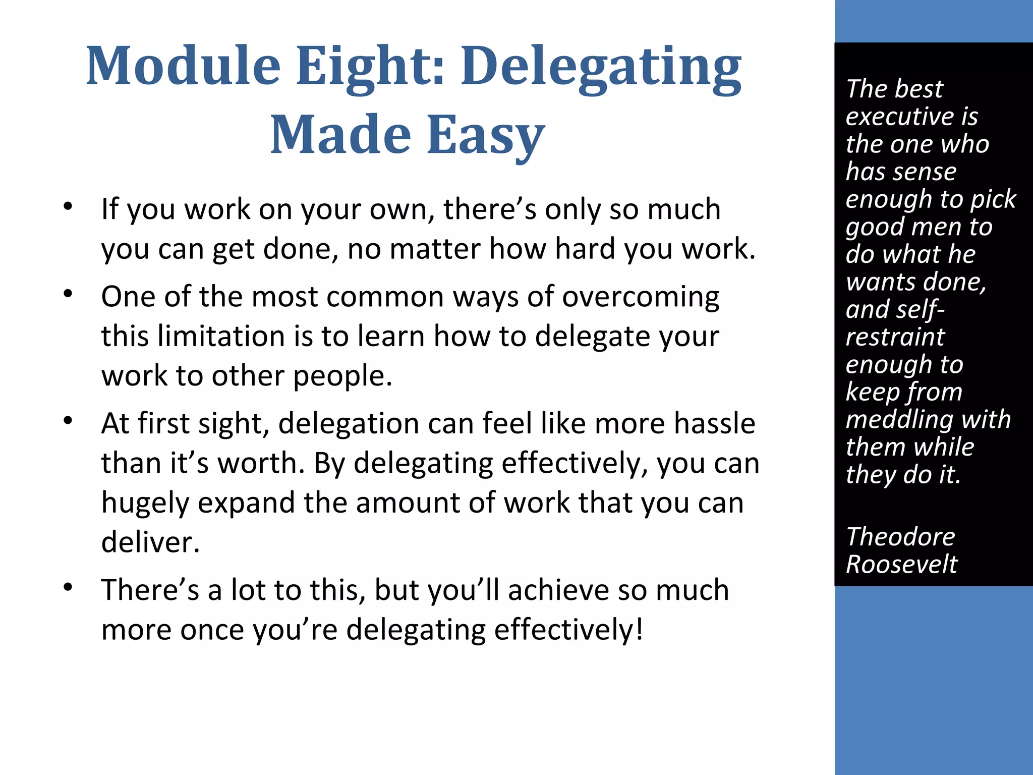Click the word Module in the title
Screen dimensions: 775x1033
tap(183, 66)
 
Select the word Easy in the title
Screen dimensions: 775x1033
tap(486, 135)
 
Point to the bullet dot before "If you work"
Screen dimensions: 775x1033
tap(69, 206)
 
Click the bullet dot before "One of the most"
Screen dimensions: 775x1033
tap(69, 294)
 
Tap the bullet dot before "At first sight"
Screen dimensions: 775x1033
tap(69, 420)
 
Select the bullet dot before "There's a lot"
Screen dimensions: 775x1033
tap(69, 587)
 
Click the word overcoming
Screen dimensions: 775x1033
tap(641, 297)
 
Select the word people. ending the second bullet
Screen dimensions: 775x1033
tap(342, 376)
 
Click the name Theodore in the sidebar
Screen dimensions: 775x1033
tap(900, 536)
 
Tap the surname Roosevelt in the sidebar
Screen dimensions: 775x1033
tap(901, 564)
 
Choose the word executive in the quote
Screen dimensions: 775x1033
tap(898, 117)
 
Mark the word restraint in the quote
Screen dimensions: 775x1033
tap(895, 337)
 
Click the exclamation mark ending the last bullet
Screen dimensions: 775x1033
tap(639, 629)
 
